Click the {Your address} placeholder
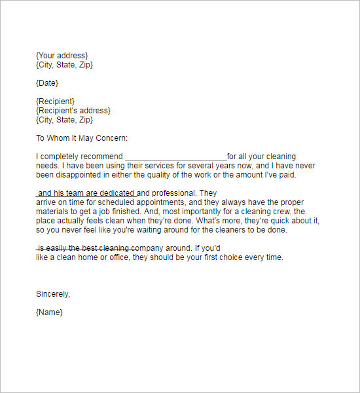pyautogui.click(x=62, y=56)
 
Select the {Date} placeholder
pyautogui.click(x=47, y=83)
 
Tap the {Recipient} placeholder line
pyautogui.click(x=55, y=102)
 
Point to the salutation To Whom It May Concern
pyautogui.click(x=82, y=138)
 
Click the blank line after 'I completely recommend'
pyautogui.click(x=175, y=157)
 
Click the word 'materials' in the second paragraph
pyautogui.click(x=52, y=212)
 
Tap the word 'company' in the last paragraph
pyautogui.click(x=153, y=249)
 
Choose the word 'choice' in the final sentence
pyautogui.click(x=236, y=258)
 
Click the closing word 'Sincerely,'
pyautogui.click(x=53, y=294)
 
